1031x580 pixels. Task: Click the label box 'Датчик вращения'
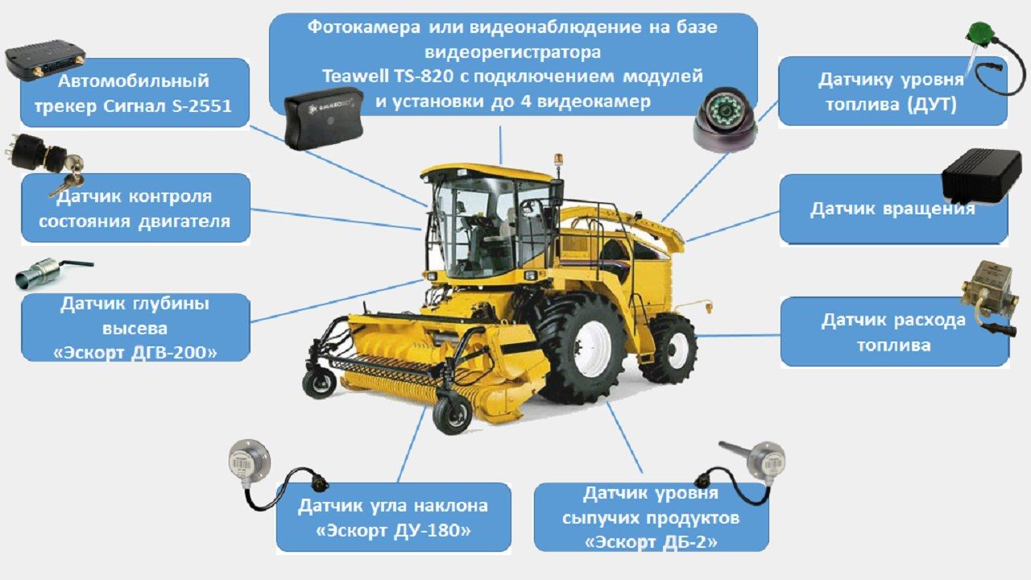click(x=892, y=209)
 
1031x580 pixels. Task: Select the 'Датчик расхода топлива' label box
click(x=894, y=332)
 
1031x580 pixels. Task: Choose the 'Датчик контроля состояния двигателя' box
click(x=135, y=209)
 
